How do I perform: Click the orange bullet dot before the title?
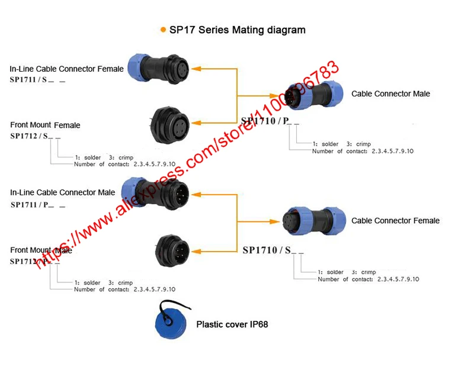click(163, 30)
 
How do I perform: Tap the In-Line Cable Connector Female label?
click(66, 69)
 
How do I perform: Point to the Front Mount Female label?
click(45, 125)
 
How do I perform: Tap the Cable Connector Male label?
click(390, 94)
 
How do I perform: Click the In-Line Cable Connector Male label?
click(62, 192)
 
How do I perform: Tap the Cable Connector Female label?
click(395, 220)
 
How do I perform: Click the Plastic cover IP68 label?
click(232, 324)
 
